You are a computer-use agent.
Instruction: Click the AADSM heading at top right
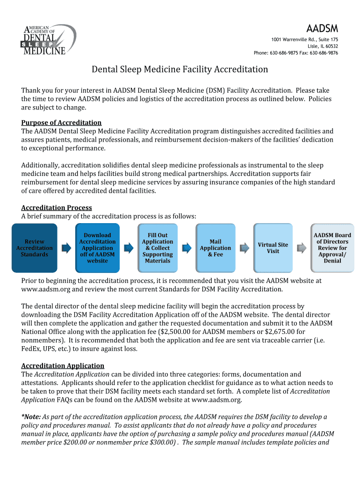[322, 28]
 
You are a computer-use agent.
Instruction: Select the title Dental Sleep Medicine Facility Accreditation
[180, 70]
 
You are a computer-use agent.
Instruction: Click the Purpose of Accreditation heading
[61, 123]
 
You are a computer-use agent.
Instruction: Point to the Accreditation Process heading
[57, 208]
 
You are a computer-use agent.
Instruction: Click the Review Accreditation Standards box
[35, 248]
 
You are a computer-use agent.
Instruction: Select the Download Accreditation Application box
[97, 248]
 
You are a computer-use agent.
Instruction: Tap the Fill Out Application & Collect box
[158, 248]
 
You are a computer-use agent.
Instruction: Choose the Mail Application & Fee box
[216, 248]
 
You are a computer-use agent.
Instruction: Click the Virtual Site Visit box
[273, 248]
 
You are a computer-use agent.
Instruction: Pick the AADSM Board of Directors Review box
[332, 248]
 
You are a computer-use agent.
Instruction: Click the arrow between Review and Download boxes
[66, 248]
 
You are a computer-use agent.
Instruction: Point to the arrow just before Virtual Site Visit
[244, 248]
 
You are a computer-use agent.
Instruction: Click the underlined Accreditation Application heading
[63, 366]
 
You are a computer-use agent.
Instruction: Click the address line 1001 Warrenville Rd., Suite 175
[304, 39]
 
